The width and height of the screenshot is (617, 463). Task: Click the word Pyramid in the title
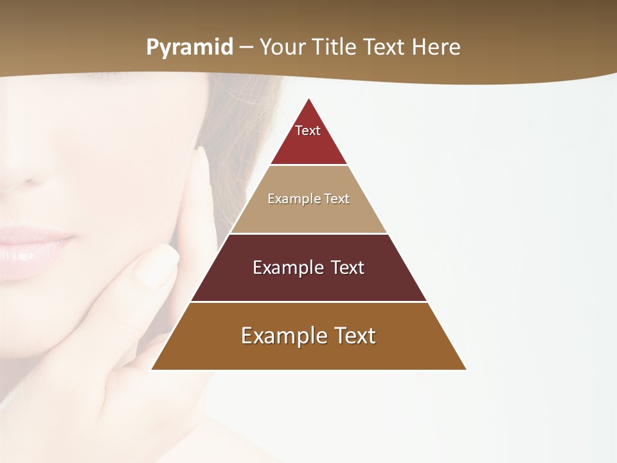(190, 48)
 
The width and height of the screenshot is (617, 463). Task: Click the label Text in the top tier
(308, 131)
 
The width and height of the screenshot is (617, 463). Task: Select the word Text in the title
(385, 48)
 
